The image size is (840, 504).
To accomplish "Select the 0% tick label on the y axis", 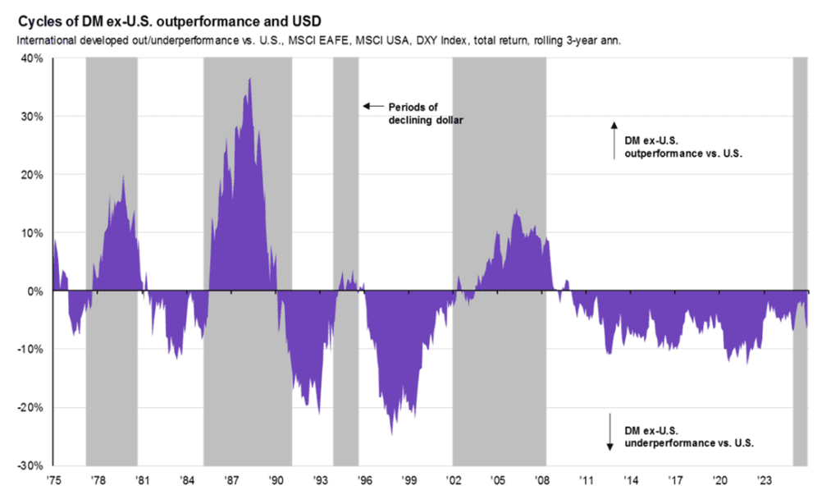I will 35,291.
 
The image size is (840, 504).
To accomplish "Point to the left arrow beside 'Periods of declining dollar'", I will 373,107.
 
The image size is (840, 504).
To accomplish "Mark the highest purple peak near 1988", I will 249,80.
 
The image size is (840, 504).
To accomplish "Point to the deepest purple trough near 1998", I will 391,433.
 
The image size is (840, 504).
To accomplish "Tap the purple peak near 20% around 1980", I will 123,176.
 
